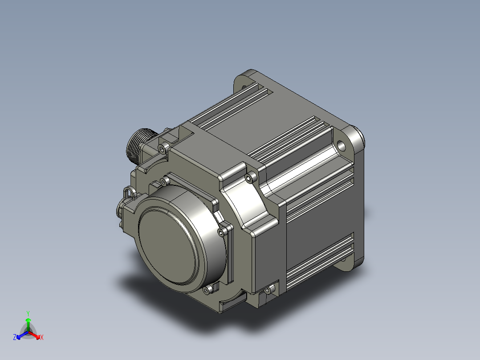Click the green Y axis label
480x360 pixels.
28,313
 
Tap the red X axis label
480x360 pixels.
42,338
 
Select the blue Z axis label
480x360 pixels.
15,338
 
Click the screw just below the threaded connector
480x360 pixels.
162,147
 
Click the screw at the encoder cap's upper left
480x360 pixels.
164,180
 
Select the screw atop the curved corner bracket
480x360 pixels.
249,177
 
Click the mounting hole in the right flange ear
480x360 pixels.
341,145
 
